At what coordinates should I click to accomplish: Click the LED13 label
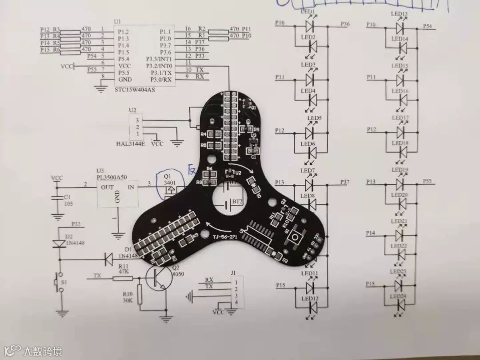point(399,14)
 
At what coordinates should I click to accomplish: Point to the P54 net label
point(427,26)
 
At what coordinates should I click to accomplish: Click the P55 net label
point(427,181)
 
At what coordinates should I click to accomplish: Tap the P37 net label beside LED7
point(346,182)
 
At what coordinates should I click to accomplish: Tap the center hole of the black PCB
point(228,200)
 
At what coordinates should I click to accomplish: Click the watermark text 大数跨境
point(43,351)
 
